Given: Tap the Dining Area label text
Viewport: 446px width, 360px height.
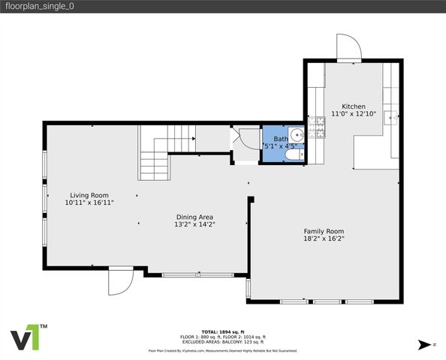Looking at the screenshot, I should (x=194, y=217).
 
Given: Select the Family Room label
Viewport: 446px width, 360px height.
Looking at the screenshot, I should (x=324, y=231).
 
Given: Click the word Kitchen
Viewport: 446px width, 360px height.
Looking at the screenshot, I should (x=354, y=106).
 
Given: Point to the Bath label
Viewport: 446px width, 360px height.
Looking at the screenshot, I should (x=280, y=139).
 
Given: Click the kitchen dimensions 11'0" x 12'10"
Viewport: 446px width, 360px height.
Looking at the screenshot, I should (x=354, y=114).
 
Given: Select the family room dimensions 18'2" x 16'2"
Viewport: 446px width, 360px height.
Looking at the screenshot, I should (x=324, y=239).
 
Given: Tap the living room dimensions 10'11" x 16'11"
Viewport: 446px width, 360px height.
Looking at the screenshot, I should (x=89, y=202).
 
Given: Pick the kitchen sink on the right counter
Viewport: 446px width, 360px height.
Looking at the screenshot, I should (x=390, y=117).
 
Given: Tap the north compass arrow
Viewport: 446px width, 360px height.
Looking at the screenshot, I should (x=426, y=344).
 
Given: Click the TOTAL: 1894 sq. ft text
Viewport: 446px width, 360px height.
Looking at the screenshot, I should (x=223, y=331).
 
